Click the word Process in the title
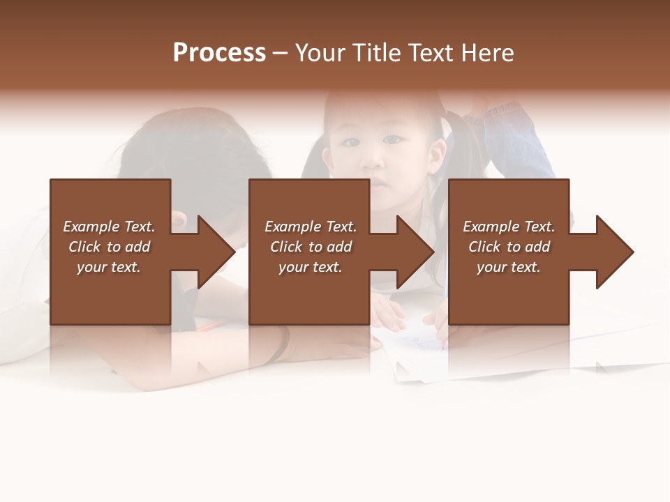219,53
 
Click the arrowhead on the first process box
214,252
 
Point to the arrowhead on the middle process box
413,252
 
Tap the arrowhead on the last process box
612,252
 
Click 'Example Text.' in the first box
109,227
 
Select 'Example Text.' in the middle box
310,227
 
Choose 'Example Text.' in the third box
509,227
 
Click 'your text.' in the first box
109,267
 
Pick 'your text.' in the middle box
310,267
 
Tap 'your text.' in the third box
509,267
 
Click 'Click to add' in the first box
109,247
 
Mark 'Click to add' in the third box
509,247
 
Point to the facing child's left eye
394,139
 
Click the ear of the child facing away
179,220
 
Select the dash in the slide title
280,54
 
